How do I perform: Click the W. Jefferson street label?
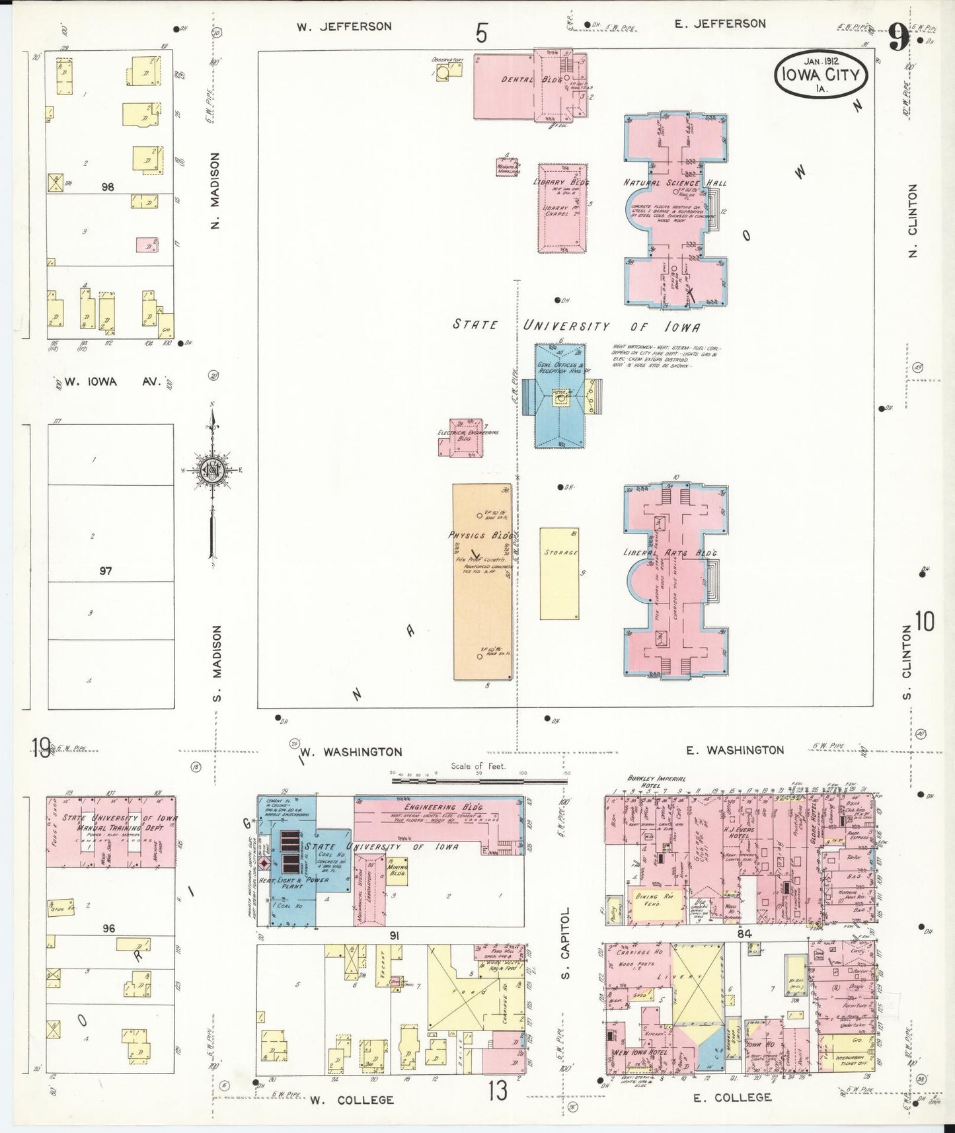pyautogui.click(x=344, y=27)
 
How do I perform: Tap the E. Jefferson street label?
pyautogui.click(x=720, y=24)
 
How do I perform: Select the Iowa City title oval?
pyautogui.click(x=821, y=75)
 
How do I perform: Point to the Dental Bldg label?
pyautogui.click(x=522, y=80)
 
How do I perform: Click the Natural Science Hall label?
pyautogui.click(x=675, y=182)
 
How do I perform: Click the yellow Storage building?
pyautogui.click(x=560, y=573)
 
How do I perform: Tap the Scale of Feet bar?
pyautogui.click(x=478, y=781)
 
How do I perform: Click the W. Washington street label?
pyautogui.click(x=351, y=752)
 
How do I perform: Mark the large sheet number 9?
pyautogui.click(x=898, y=38)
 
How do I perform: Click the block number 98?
pyautogui.click(x=108, y=187)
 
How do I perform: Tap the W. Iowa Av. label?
pyautogui.click(x=113, y=381)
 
